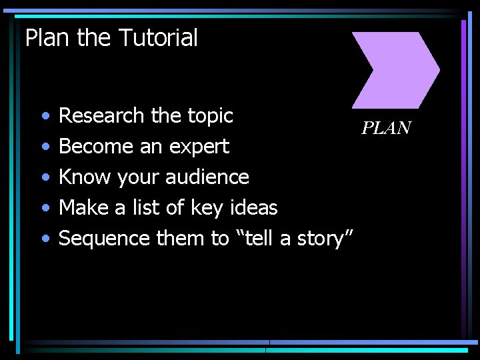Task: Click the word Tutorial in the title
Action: [x=158, y=38]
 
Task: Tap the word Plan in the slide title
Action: [x=47, y=38]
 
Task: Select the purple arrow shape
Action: [x=393, y=69]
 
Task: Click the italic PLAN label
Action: [x=387, y=128]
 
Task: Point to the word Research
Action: [x=102, y=116]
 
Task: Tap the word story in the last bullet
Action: [x=323, y=239]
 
